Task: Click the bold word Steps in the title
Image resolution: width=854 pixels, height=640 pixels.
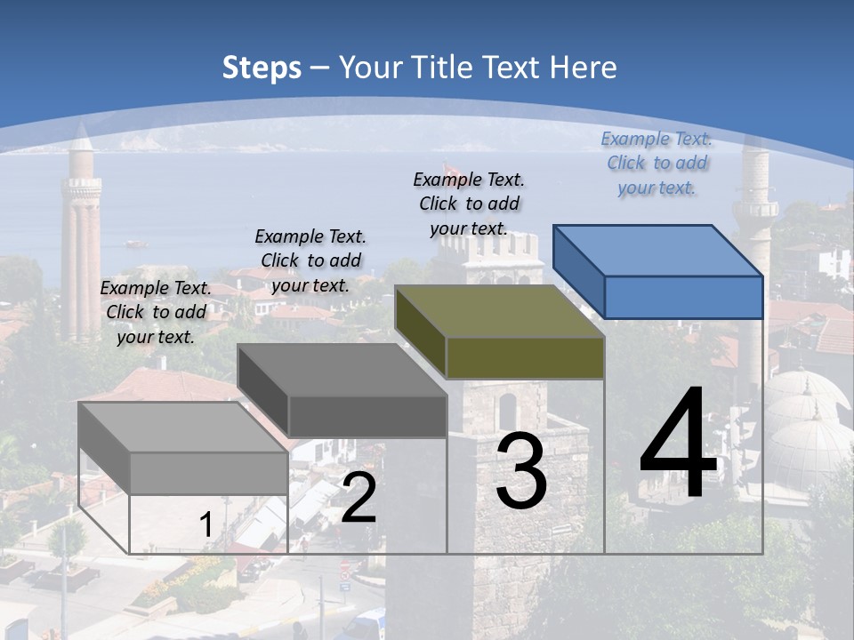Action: [x=262, y=68]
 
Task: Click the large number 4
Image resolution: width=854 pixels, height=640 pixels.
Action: [x=678, y=444]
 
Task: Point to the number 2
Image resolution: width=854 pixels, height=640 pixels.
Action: [x=359, y=498]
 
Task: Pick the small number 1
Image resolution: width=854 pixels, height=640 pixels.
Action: [x=205, y=524]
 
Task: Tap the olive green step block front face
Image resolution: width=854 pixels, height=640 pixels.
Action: [x=525, y=358]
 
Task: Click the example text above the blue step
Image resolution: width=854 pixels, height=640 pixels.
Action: [x=657, y=163]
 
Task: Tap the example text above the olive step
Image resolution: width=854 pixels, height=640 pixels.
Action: [x=469, y=204]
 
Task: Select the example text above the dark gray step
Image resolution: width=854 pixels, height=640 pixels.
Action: [x=310, y=260]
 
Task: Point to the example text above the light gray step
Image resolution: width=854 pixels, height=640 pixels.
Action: [x=156, y=312]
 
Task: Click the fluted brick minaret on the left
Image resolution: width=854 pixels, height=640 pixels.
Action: [x=81, y=240]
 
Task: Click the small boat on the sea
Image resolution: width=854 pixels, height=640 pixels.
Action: [x=136, y=243]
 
